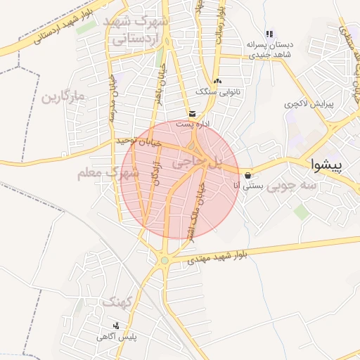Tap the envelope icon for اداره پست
coord(192,113)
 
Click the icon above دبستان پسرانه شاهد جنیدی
coord(269,34)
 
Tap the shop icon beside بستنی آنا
coord(248,175)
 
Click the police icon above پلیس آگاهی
coord(116,326)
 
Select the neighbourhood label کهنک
coord(117,302)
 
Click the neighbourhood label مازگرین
coord(63,96)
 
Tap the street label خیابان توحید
coord(139,141)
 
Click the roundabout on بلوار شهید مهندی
coord(165,260)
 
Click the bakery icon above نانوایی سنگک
coord(217,81)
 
